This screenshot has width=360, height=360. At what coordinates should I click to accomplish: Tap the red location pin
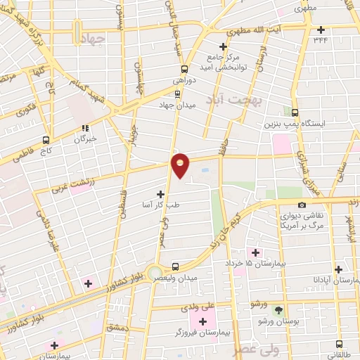pos(181,165)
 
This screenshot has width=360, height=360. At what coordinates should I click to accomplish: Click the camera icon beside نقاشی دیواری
pos(302,205)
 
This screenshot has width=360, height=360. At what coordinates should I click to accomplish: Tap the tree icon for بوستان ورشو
pos(279,310)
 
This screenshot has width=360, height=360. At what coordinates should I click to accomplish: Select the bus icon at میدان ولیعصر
pos(175,266)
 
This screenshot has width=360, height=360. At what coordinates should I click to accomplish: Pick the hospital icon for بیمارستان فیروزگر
pos(204,321)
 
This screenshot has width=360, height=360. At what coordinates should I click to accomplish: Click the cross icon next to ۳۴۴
pos(321,30)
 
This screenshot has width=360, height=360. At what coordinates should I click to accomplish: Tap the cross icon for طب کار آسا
pos(160,193)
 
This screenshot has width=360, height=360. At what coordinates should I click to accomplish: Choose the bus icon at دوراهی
pos(184,69)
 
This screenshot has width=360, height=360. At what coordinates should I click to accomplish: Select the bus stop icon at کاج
pos(46,139)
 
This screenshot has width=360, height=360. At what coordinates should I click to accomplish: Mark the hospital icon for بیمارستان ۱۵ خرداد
pos(254,252)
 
